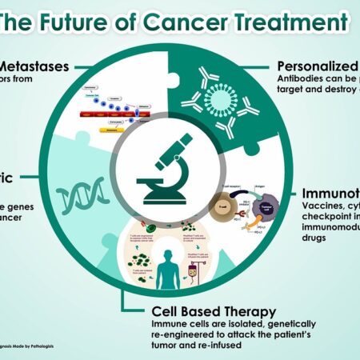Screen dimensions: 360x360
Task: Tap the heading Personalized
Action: point(318,66)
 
